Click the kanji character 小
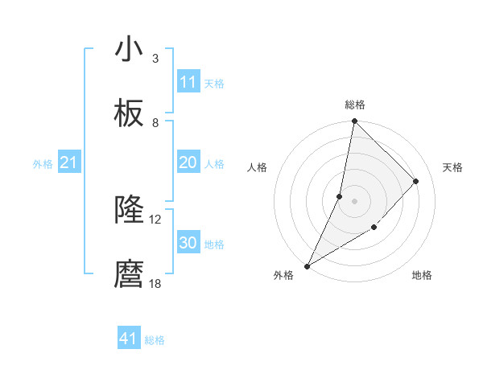pos(129,49)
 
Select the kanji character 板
pos(129,114)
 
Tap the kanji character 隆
pos(129,211)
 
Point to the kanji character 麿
pos(129,275)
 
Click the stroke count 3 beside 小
pos(155,58)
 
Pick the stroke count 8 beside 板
pos(155,123)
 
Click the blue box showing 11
pos(188,82)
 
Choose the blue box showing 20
pos(188,162)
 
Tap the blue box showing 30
pos(188,243)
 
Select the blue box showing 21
pos(68,162)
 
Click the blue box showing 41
pos(129,339)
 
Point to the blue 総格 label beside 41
pos(155,340)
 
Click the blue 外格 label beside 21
pos(43,164)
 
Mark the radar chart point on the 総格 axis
pos(354,121)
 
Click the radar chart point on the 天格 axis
pos(416,181)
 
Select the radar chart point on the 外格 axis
pos(308,265)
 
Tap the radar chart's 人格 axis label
pos(258,167)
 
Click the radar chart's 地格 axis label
pos(422,275)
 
